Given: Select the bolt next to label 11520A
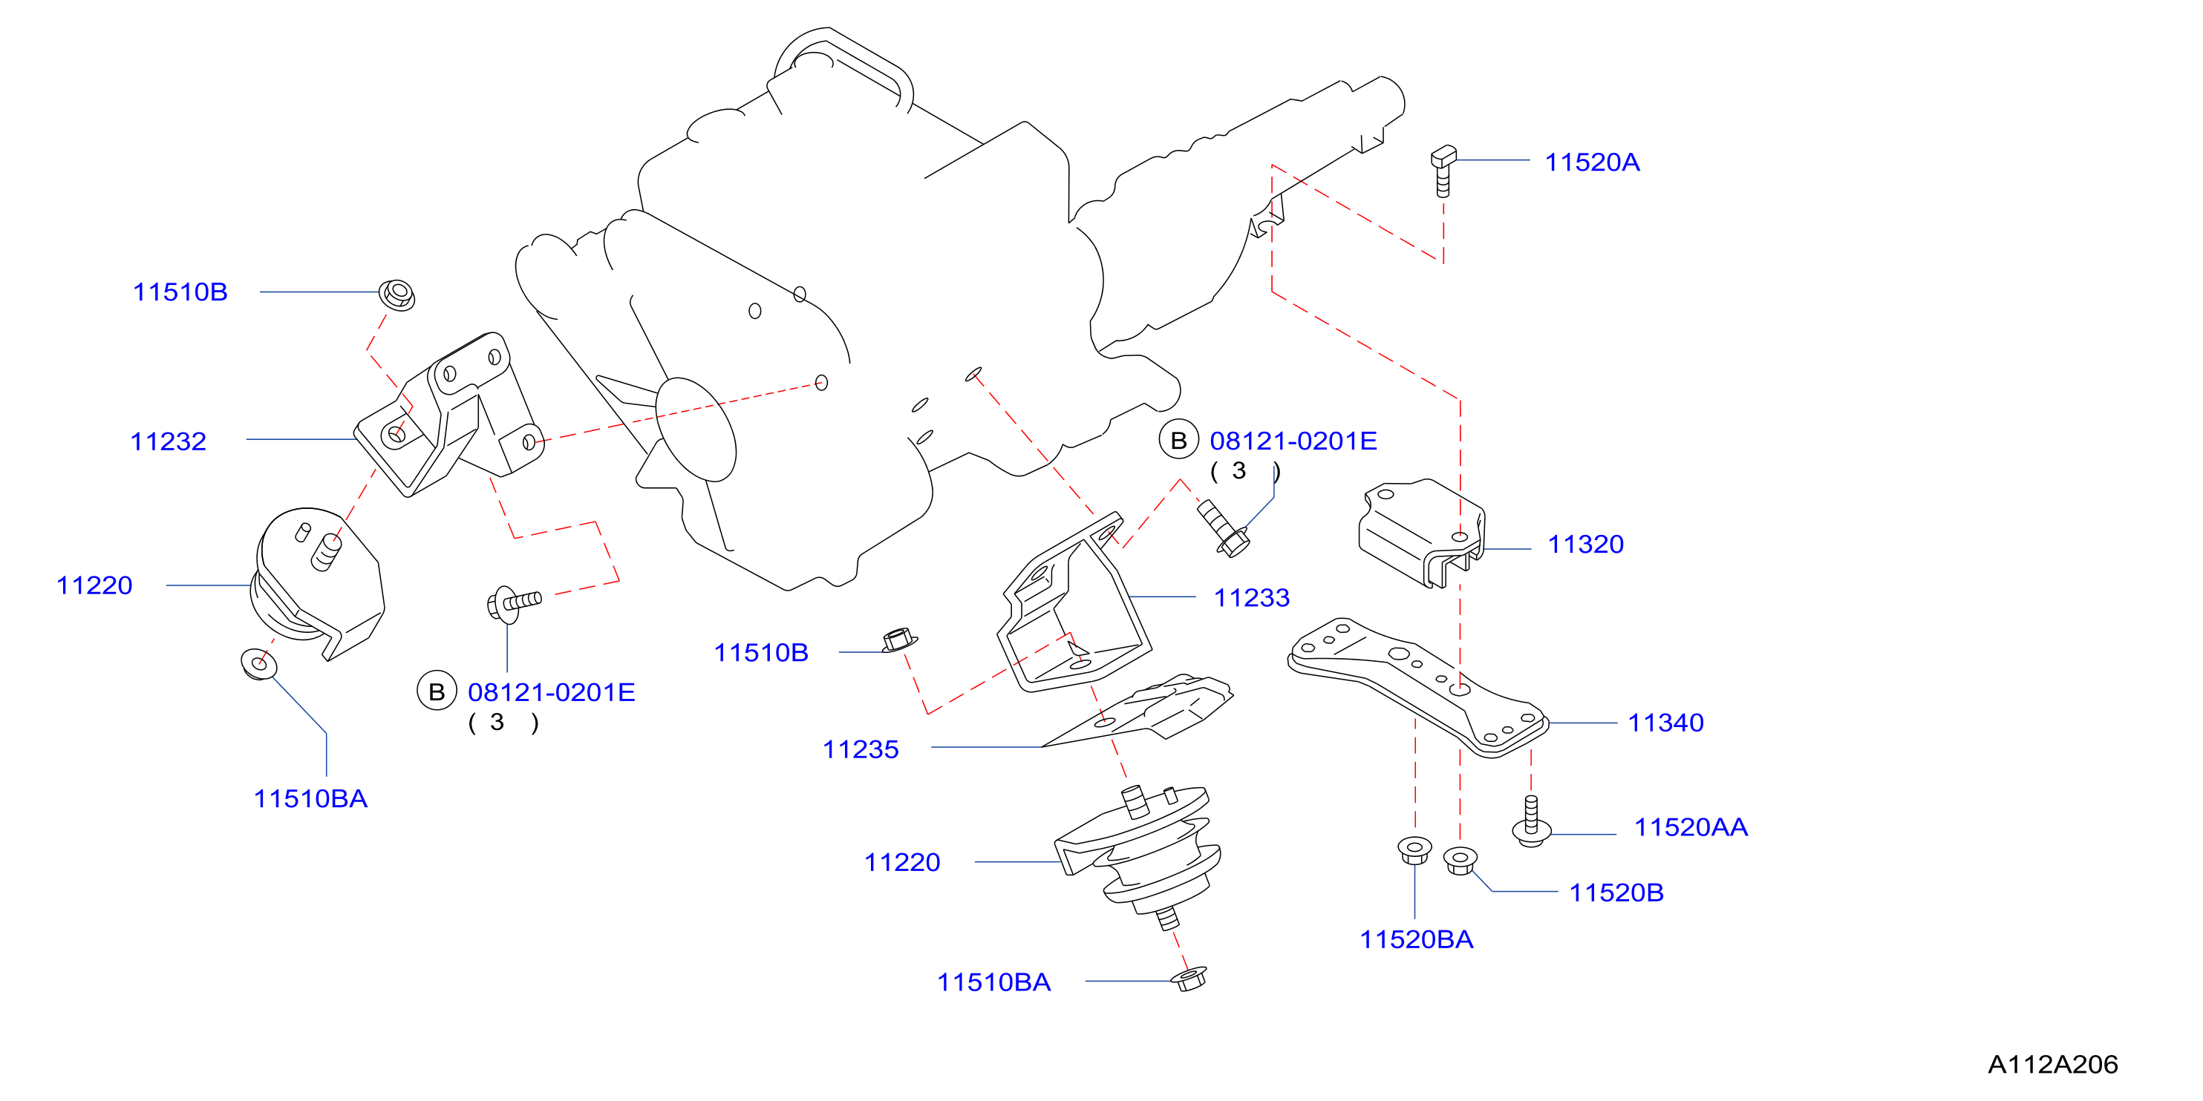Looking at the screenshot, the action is point(1443,171).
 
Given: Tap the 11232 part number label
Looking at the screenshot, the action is point(169,441).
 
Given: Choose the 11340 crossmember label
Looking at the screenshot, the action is point(1665,723).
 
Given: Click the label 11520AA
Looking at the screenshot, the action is point(1691,827).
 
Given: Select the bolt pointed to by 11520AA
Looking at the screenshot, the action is point(1531,821).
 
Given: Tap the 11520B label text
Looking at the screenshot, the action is point(1616,893).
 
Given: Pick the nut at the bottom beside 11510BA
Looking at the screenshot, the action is point(1189,979).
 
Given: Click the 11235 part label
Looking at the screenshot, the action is point(861,749).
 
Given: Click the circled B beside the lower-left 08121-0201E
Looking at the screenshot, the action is point(437,691).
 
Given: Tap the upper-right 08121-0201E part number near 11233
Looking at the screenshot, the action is point(1293,441).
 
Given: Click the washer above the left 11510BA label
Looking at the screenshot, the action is point(259,663).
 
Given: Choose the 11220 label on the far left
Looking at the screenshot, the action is point(94,585).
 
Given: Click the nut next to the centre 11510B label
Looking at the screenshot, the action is point(898,640).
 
